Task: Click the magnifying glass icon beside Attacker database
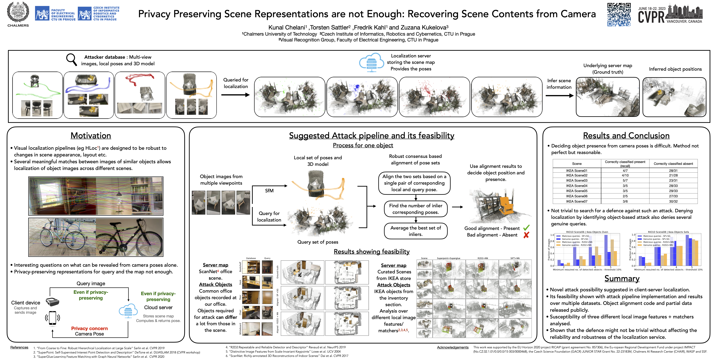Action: (x=71, y=59)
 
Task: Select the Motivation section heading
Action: (x=91, y=135)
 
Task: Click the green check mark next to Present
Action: (x=526, y=228)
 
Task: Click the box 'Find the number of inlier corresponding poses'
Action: (x=416, y=209)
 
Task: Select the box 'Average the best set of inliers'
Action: (x=416, y=231)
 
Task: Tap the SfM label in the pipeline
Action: (x=269, y=191)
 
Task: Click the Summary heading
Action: (x=622, y=279)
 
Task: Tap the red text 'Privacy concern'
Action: (x=89, y=328)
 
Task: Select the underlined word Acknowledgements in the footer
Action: (x=453, y=347)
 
